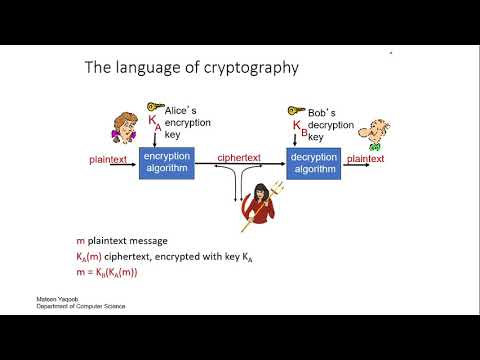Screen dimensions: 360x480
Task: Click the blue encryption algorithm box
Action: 166,162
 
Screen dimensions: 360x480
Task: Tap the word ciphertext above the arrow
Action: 240,158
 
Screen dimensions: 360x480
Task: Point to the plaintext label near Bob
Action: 366,158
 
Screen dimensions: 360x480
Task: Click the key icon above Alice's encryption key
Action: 155,106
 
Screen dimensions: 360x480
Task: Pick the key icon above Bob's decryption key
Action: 296,110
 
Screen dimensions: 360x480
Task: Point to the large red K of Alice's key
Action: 153,122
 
